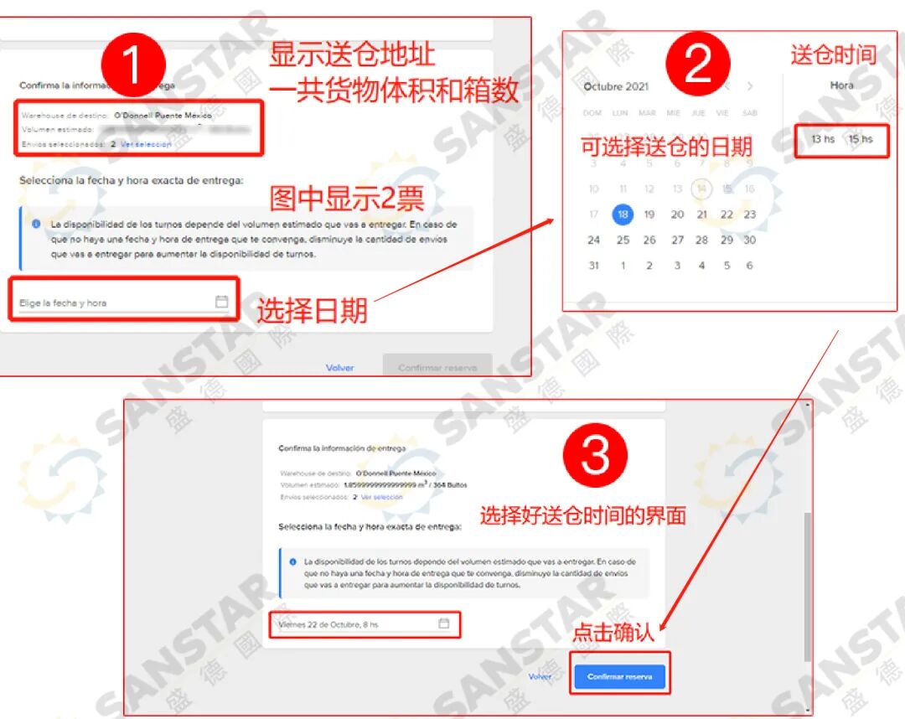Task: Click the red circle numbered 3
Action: (x=595, y=456)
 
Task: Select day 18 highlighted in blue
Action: (x=623, y=214)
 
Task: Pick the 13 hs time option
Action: (x=822, y=139)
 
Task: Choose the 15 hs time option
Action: (x=860, y=139)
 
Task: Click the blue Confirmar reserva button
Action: (x=619, y=676)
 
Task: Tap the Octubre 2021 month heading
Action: (x=616, y=86)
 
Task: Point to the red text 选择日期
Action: (x=312, y=310)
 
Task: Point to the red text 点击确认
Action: (x=613, y=632)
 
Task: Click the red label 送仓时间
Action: (x=833, y=55)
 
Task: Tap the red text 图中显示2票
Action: (x=346, y=198)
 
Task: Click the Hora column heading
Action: (x=841, y=85)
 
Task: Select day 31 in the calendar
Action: (x=593, y=266)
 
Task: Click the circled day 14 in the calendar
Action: (x=701, y=189)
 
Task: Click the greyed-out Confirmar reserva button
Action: (x=437, y=368)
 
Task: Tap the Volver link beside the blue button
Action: (x=540, y=676)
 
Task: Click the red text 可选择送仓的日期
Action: (x=667, y=147)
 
